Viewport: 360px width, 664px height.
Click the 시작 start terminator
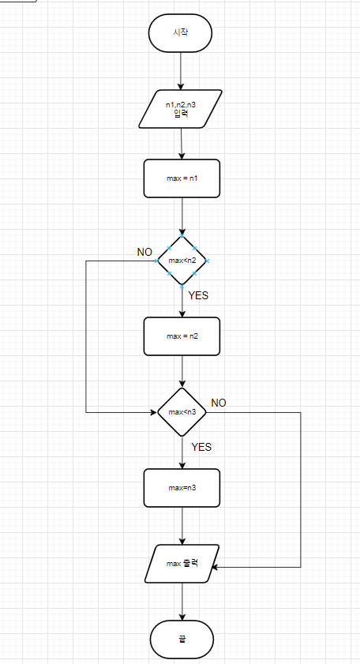pyautogui.click(x=181, y=33)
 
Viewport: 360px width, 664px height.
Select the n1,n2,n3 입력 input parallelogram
pyautogui.click(x=181, y=108)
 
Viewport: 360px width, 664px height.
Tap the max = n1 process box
pyautogui.click(x=182, y=178)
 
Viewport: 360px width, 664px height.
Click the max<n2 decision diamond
pyautogui.click(x=182, y=260)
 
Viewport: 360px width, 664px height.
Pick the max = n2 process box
pyautogui.click(x=182, y=336)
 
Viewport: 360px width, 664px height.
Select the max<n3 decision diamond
pyautogui.click(x=182, y=411)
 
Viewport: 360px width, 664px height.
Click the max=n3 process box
pyautogui.click(x=182, y=487)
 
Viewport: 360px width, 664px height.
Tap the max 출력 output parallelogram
pyautogui.click(x=182, y=563)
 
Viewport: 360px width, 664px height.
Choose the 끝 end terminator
pyautogui.click(x=182, y=640)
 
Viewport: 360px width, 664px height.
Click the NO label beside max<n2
pyautogui.click(x=144, y=253)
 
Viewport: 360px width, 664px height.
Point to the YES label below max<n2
pyautogui.click(x=198, y=295)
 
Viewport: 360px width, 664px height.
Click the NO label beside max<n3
pyautogui.click(x=219, y=403)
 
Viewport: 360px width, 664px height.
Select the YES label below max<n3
pyautogui.click(x=201, y=447)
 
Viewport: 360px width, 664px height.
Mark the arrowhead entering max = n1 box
pyautogui.click(x=182, y=156)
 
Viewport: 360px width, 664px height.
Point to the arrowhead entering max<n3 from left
pyautogui.click(x=154, y=411)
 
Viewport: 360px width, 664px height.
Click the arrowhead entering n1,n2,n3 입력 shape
pyautogui.click(x=181, y=86)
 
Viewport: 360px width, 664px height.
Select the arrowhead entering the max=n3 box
pyautogui.click(x=182, y=465)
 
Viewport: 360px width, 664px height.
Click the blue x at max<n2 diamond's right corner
pyautogui.click(x=208, y=261)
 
